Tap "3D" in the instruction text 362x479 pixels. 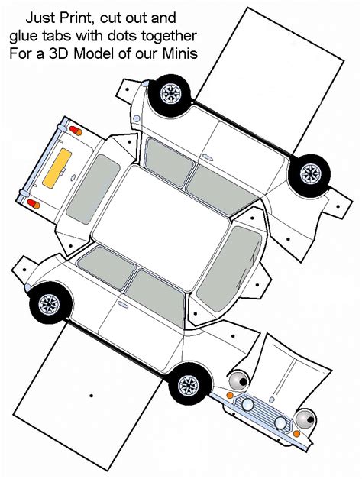(60, 53)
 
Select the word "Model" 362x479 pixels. (94, 53)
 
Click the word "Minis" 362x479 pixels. (179, 53)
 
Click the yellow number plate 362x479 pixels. (57, 168)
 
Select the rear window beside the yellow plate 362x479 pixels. (92, 189)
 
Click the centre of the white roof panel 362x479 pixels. (161, 228)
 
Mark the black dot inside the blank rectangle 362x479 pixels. (91, 396)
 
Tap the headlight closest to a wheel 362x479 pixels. (239, 380)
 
